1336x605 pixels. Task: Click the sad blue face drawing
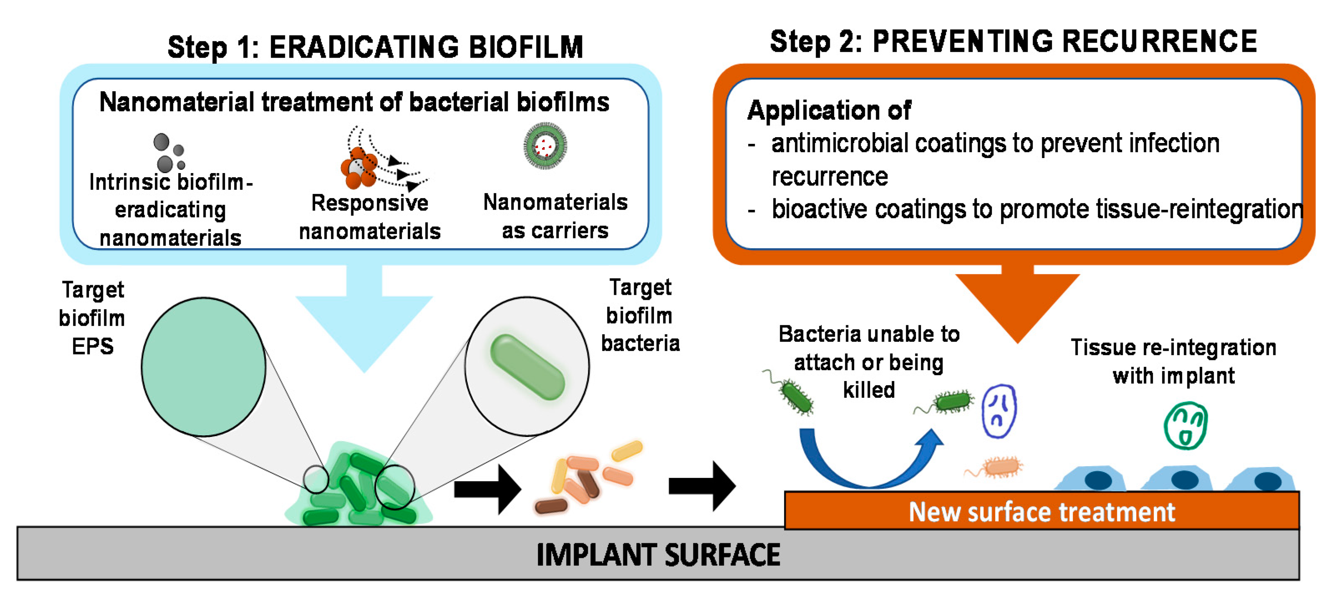coord(999,411)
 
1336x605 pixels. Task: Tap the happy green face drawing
coord(1186,425)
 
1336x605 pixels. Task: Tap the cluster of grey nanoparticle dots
coord(169,153)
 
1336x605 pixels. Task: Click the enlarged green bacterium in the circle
coord(527,367)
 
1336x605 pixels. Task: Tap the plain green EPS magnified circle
coord(203,367)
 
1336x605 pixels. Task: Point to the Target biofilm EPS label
coord(92,318)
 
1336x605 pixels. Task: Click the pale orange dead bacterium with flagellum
coord(1001,467)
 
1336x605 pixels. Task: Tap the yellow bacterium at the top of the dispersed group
coord(627,450)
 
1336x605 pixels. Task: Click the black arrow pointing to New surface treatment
coord(702,486)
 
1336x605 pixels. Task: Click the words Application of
coord(829,110)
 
